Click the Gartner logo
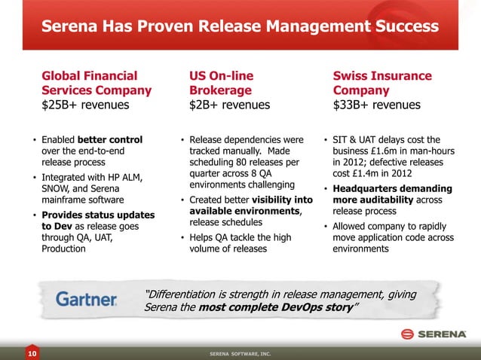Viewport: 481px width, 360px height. [87, 299]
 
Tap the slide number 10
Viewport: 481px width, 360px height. [32, 352]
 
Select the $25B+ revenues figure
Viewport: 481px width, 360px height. [85, 105]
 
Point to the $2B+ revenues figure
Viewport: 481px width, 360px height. [229, 105]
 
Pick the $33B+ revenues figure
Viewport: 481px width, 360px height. [377, 105]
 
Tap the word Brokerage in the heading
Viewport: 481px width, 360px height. [221, 90]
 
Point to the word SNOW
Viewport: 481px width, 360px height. [57, 189]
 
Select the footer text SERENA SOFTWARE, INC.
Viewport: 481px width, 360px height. [240, 352]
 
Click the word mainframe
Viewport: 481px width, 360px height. [68, 200]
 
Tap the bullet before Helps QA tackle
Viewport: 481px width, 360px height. [183, 238]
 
